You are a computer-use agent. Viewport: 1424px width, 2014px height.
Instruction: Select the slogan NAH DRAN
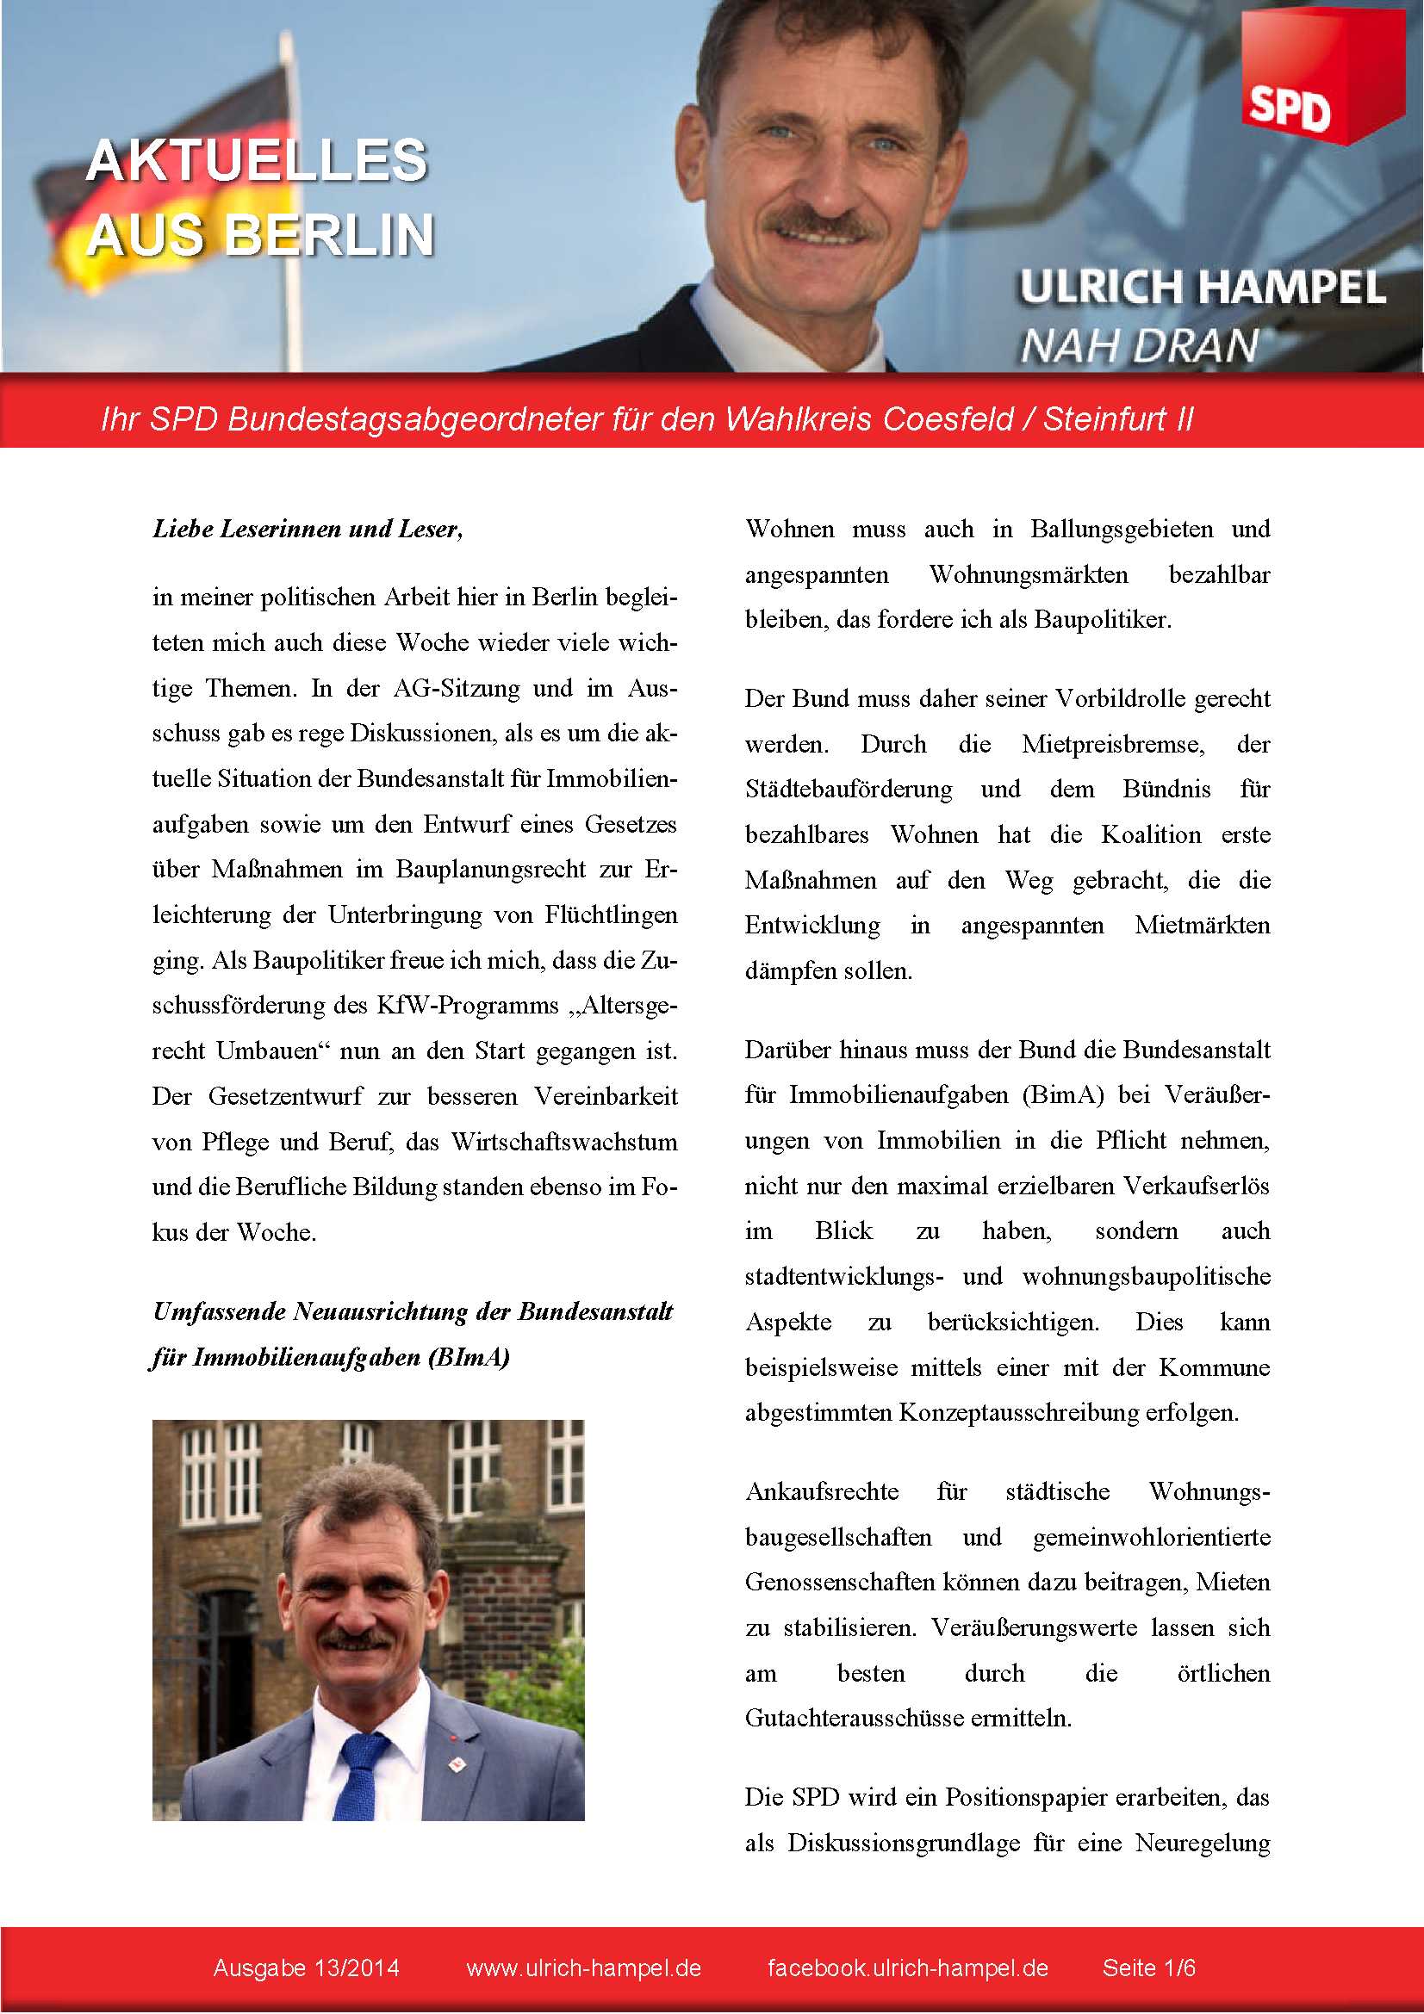coord(1138,345)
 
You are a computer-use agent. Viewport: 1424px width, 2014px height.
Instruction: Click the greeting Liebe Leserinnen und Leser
coord(307,529)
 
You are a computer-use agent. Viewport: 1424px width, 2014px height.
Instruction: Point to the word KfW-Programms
coord(467,1005)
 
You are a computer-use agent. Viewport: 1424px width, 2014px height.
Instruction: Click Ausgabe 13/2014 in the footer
coord(306,1968)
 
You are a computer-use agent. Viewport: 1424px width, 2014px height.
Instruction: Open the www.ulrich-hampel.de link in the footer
coord(583,1968)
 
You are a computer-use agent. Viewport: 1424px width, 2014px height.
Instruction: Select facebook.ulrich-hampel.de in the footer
coord(907,1968)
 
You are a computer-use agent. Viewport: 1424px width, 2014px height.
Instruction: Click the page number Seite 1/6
coord(1148,1968)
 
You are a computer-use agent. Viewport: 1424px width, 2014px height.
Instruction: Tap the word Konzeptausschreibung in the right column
coord(1017,1412)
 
